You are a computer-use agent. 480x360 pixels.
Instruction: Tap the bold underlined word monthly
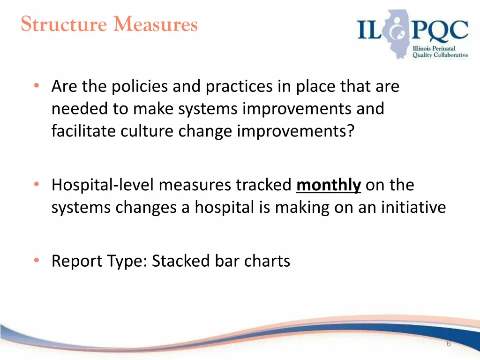click(329, 185)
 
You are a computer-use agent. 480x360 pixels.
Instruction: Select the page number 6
click(449, 344)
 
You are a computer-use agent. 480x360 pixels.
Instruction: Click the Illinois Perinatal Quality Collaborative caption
click(440, 52)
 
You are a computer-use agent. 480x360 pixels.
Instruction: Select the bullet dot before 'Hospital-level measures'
click(36, 185)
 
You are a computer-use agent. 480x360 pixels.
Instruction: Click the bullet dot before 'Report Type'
click(36, 261)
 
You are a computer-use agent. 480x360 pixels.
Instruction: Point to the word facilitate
click(84, 131)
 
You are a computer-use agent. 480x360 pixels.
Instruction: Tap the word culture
click(148, 131)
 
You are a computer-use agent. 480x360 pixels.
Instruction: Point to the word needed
click(79, 109)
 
